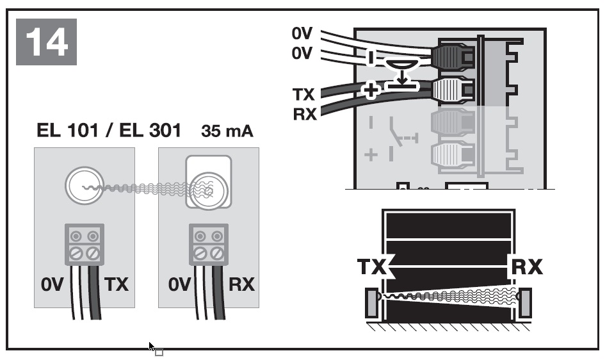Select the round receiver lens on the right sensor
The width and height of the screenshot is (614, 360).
(x=207, y=186)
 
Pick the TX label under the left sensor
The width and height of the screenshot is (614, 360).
(x=117, y=284)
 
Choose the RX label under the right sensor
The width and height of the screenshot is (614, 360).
(x=241, y=284)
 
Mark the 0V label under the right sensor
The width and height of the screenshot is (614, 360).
(x=179, y=284)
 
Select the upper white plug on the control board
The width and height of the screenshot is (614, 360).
(x=453, y=90)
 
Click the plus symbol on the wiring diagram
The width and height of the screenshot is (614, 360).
(x=370, y=91)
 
